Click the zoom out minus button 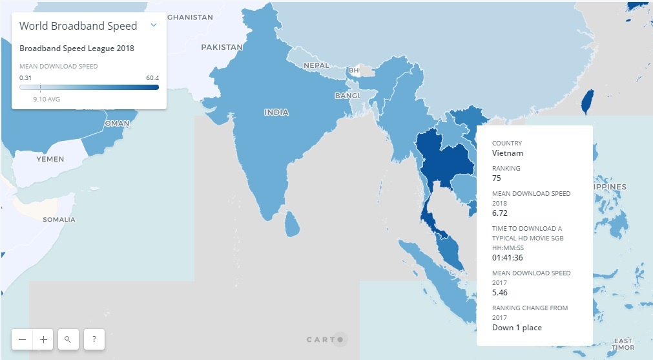pyautogui.click(x=23, y=339)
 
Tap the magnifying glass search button pyautogui.click(x=68, y=339)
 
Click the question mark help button pyautogui.click(x=94, y=339)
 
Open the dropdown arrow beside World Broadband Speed pyautogui.click(x=154, y=25)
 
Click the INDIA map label pyautogui.click(x=276, y=112)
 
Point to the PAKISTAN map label pyautogui.click(x=222, y=47)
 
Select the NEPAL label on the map pyautogui.click(x=316, y=66)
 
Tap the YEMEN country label pyautogui.click(x=50, y=159)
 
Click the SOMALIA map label pyautogui.click(x=59, y=220)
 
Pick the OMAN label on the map pyautogui.click(x=117, y=123)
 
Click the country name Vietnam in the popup pyautogui.click(x=508, y=153)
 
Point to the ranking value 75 pyautogui.click(x=497, y=178)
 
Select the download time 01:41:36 pyautogui.click(x=508, y=258)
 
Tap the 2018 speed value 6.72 pyautogui.click(x=501, y=213)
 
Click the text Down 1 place pyautogui.click(x=517, y=328)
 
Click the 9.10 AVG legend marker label pyautogui.click(x=47, y=100)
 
